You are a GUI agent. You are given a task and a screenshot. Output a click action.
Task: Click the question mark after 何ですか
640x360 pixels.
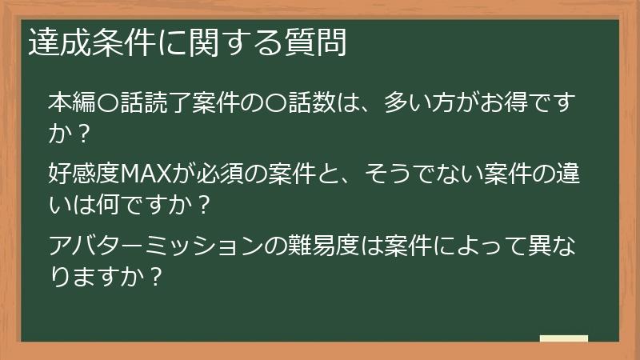[x=202, y=206]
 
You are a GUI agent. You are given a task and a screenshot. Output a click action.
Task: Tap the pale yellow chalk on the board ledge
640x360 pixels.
[x=564, y=338]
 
